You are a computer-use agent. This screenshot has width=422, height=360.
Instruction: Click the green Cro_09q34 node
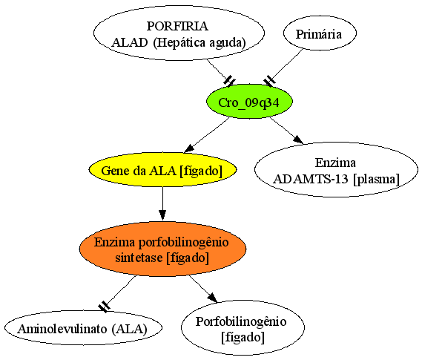click(x=249, y=101)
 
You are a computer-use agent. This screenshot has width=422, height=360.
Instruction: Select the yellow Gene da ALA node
click(x=162, y=170)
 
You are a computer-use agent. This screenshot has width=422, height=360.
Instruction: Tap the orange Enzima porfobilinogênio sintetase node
click(x=162, y=249)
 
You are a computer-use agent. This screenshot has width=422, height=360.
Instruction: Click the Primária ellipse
click(x=320, y=33)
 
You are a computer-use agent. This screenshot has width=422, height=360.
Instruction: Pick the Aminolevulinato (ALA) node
click(x=83, y=328)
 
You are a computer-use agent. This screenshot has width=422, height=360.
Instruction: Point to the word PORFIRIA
click(x=177, y=26)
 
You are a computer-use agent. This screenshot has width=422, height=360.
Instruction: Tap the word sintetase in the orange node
click(x=139, y=258)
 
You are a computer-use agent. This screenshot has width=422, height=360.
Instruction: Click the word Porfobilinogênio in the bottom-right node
click(x=241, y=321)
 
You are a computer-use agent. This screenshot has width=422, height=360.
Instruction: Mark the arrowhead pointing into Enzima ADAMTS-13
click(x=298, y=140)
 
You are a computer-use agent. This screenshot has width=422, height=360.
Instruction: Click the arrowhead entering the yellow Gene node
click(x=188, y=149)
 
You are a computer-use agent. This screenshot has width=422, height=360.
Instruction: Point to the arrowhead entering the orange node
click(x=162, y=215)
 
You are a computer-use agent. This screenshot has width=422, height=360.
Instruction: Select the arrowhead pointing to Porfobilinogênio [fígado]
click(x=212, y=298)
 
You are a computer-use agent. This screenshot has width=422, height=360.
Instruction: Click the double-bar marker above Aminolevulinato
click(x=104, y=307)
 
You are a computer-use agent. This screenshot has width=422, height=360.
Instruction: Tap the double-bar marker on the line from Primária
click(x=269, y=81)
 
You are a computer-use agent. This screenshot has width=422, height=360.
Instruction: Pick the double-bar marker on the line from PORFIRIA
click(x=230, y=80)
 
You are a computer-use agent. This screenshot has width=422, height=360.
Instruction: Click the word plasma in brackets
click(x=377, y=180)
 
